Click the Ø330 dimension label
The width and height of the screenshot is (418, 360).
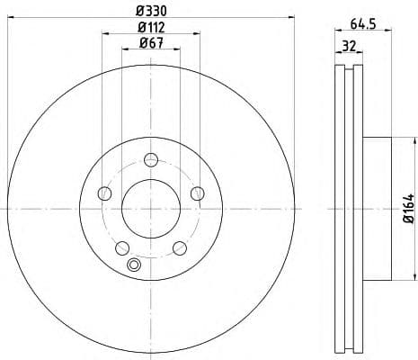[151, 11]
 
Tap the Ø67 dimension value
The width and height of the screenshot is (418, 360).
[151, 43]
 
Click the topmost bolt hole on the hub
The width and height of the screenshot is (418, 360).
[151, 160]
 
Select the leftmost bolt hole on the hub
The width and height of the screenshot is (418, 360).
[104, 193]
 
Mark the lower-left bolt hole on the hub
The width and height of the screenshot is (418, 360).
[122, 247]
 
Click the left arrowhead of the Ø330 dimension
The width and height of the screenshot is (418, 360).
[9, 18]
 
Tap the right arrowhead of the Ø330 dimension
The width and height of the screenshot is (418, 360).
[293, 18]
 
